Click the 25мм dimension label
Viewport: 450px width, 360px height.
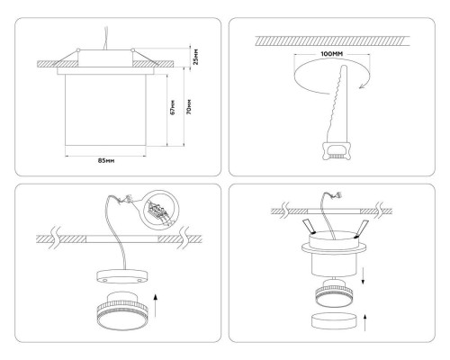click(195, 57)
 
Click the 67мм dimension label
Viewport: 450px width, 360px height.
click(173, 107)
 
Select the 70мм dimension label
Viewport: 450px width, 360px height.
click(189, 106)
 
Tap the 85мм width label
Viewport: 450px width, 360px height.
click(106, 161)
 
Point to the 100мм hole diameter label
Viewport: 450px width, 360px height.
click(332, 54)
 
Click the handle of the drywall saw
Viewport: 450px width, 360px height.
click(336, 150)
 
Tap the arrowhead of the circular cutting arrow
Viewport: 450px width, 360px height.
click(362, 86)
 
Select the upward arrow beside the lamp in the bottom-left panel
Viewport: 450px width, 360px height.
click(156, 306)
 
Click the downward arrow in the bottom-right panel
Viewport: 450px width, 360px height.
click(363, 276)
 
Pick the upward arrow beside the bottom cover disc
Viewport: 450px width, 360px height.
click(365, 323)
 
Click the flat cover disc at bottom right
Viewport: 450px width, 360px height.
click(335, 321)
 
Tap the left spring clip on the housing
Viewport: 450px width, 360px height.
click(309, 227)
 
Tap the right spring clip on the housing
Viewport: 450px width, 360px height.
click(361, 228)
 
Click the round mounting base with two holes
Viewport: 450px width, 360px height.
click(121, 276)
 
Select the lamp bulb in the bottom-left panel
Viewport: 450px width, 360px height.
click(121, 310)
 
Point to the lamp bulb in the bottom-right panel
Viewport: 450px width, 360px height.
click(335, 293)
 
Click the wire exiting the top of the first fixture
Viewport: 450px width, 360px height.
click(105, 38)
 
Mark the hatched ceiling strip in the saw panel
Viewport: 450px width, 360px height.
click(332, 41)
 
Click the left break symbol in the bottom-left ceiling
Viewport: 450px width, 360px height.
click(55, 238)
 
